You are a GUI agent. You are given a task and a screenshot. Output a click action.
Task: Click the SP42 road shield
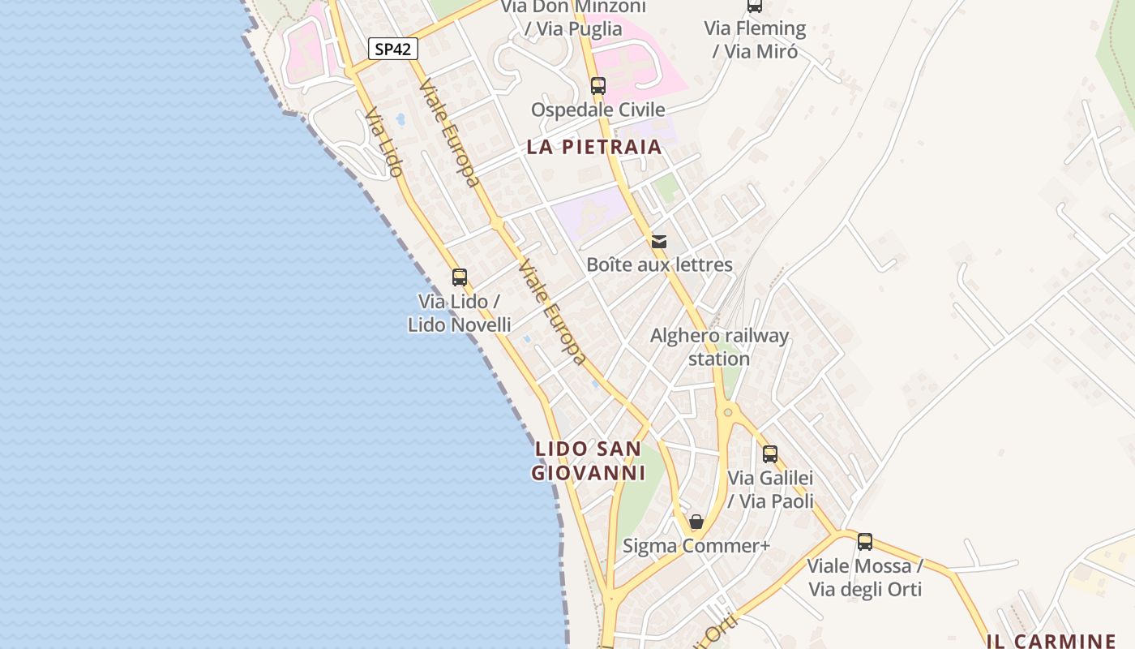[393, 49]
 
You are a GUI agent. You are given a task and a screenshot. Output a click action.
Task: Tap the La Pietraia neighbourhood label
[594, 147]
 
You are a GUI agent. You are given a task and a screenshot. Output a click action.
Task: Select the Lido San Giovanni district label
[589, 460]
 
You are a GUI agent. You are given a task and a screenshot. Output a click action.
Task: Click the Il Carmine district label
[1051, 641]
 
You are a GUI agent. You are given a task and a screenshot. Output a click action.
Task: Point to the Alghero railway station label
[719, 346]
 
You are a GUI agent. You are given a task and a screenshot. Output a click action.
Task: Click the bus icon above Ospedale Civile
[598, 86]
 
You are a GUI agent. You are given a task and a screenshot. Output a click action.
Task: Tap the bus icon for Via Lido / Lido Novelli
[460, 277]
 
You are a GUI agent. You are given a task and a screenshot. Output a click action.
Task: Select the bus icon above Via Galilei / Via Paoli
[770, 454]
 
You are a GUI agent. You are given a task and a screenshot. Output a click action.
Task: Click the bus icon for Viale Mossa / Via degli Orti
[865, 542]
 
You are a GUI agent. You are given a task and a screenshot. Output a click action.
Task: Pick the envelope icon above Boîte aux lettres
[659, 241]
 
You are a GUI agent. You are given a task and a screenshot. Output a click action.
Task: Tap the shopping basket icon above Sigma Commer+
[696, 522]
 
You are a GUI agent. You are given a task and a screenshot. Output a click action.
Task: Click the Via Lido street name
[383, 143]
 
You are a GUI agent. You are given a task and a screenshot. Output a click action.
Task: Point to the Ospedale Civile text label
[597, 110]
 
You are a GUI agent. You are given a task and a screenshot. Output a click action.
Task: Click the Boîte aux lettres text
[659, 264]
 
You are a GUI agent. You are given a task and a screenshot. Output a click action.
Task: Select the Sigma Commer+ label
[696, 546]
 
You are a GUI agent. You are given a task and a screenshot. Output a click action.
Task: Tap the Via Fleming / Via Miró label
[755, 40]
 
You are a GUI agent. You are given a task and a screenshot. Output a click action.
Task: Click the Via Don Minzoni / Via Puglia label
[573, 18]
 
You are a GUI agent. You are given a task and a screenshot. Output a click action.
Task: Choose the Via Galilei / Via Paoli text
[770, 489]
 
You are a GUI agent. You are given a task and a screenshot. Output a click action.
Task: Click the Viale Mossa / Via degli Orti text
[865, 578]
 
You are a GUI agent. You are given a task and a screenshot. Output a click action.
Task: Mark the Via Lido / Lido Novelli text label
[460, 313]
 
